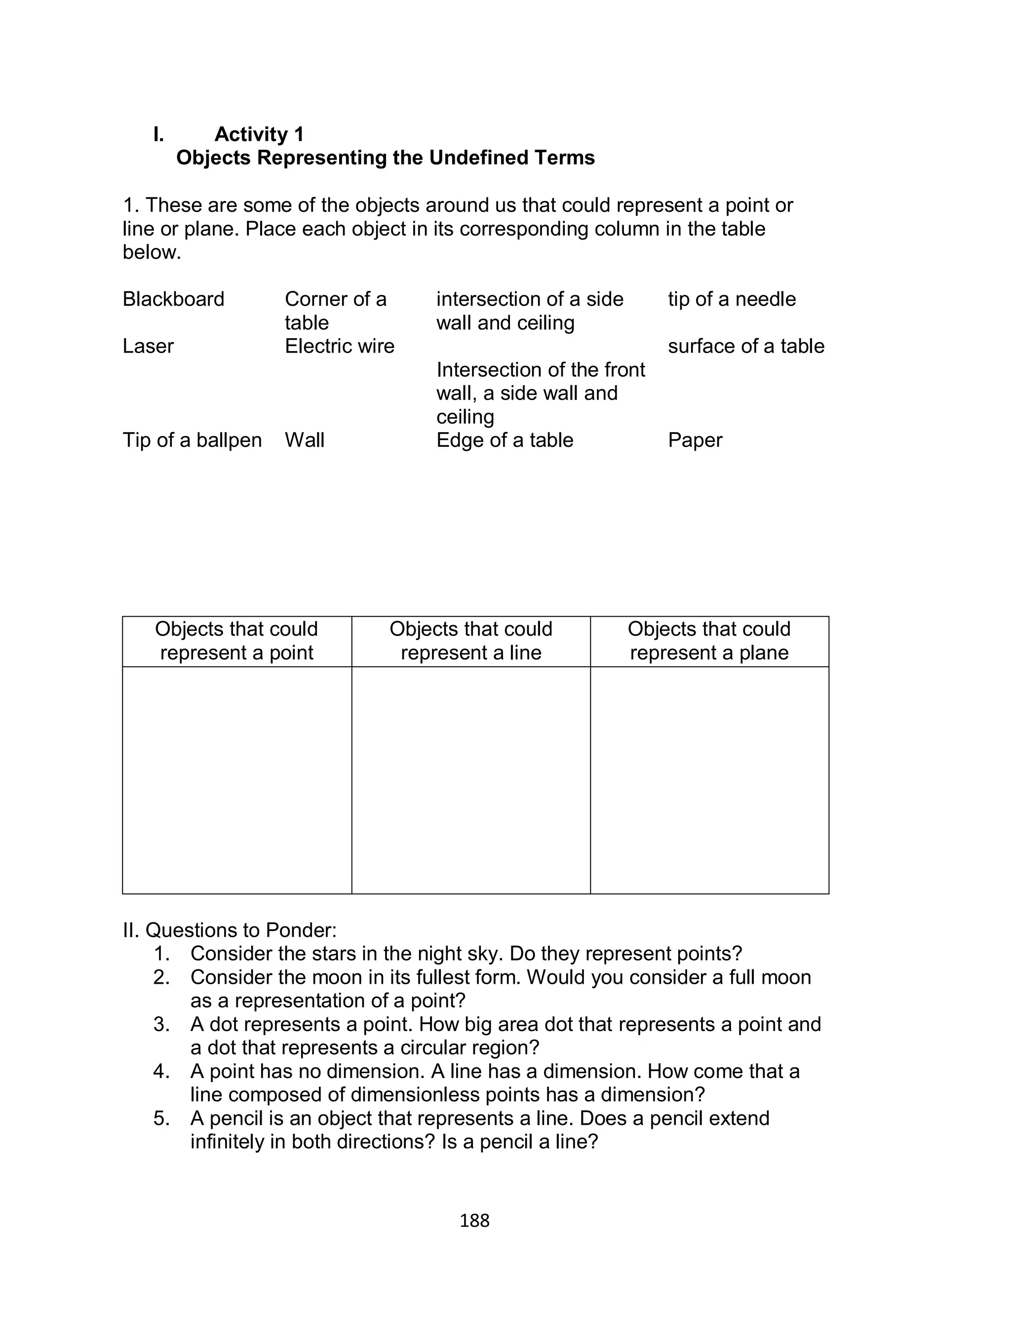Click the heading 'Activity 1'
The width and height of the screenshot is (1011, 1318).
(x=259, y=134)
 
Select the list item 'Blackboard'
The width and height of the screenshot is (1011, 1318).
(x=173, y=299)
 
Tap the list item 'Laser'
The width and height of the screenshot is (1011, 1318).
(x=148, y=346)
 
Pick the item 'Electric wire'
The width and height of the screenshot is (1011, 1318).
(x=340, y=346)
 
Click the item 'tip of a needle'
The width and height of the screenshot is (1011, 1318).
(x=732, y=299)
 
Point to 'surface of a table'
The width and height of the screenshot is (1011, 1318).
(x=746, y=346)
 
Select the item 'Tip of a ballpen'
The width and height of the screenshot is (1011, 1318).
(x=192, y=440)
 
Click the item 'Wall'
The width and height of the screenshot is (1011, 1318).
(x=305, y=440)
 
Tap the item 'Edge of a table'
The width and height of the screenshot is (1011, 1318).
(x=505, y=440)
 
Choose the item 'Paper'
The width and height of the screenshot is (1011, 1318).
(x=695, y=440)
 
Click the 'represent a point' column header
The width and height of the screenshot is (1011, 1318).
(x=236, y=641)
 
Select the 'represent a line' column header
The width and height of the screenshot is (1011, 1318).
(x=470, y=641)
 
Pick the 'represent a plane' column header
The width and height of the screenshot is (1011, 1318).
(x=709, y=641)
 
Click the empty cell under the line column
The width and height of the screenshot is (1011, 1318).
(x=470, y=779)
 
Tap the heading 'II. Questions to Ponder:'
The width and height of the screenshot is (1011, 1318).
(x=230, y=930)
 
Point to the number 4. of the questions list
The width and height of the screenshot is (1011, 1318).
(x=162, y=1071)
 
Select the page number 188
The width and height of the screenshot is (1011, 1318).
(x=474, y=1221)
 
